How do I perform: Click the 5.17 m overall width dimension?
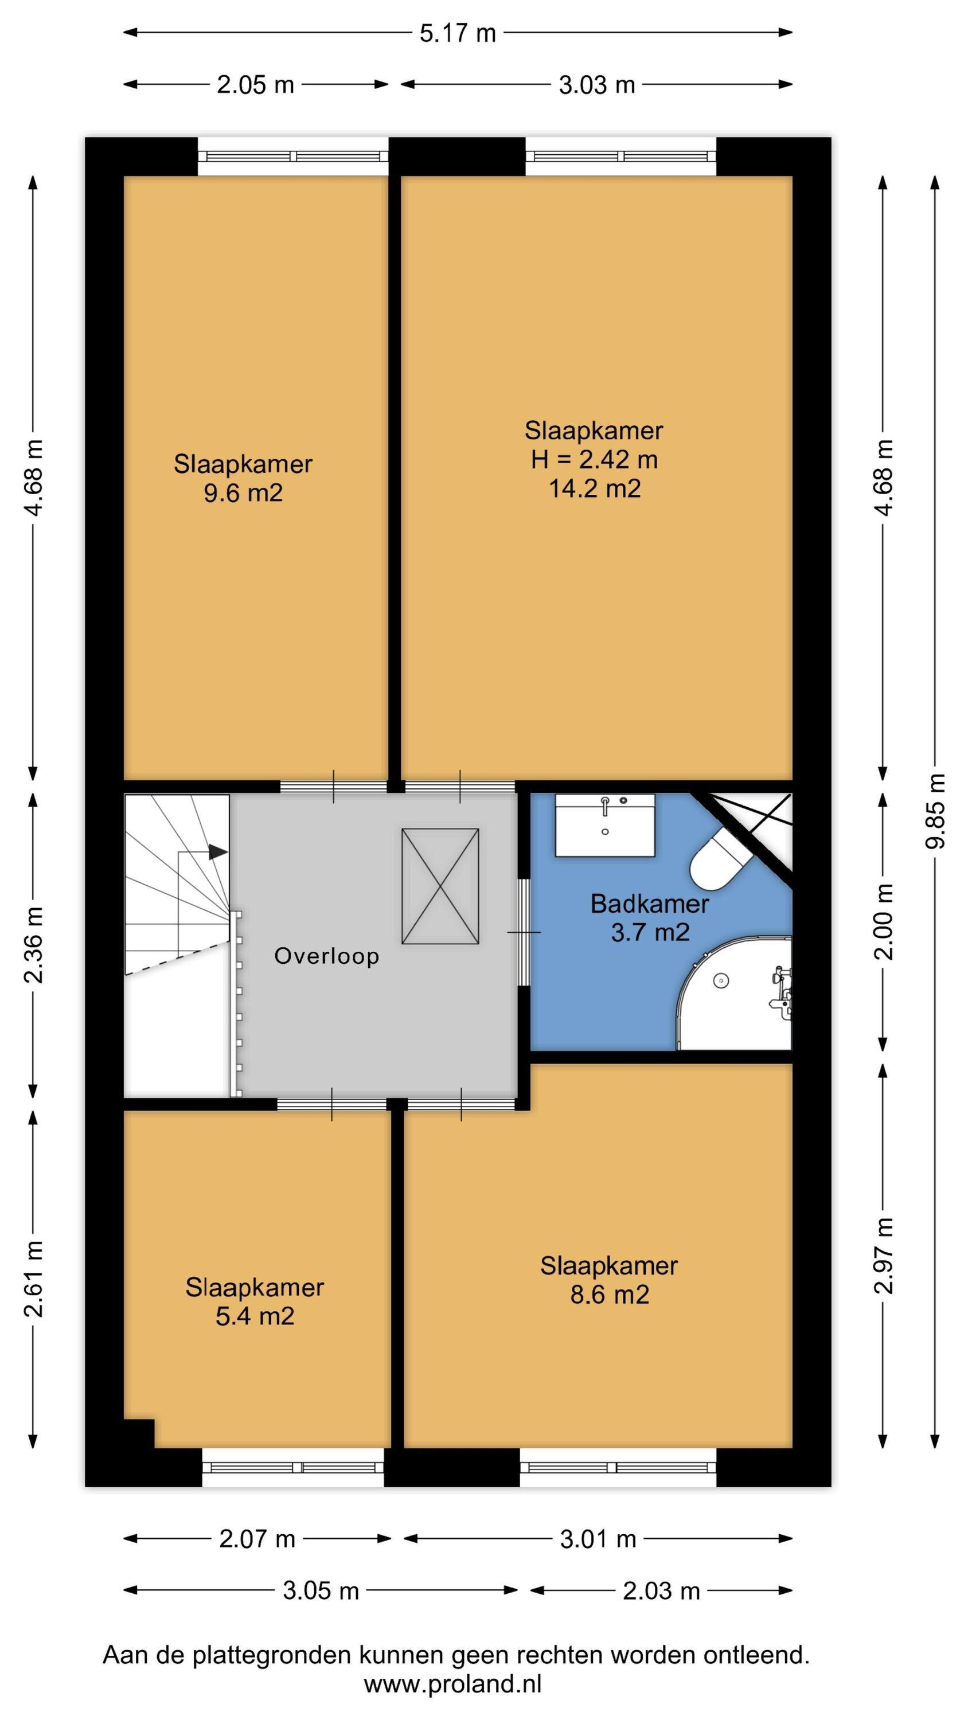pos(458,33)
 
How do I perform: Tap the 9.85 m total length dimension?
pos(935,810)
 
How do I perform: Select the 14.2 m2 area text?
pos(595,488)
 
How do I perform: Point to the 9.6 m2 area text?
pos(243,494)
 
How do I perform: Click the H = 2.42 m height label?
pos(594,459)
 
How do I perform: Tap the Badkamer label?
pos(649,904)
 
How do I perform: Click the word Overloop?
pos(327,956)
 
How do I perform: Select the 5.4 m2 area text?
pos(255,1316)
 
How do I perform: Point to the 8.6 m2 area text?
pos(609,1295)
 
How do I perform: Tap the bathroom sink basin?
pos(605,825)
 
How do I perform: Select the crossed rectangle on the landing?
pos(440,886)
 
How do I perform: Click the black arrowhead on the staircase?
pos(218,852)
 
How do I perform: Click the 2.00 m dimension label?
pos(884,921)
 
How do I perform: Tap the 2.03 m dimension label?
pos(661,1590)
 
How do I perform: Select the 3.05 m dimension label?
pos(321,1590)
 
